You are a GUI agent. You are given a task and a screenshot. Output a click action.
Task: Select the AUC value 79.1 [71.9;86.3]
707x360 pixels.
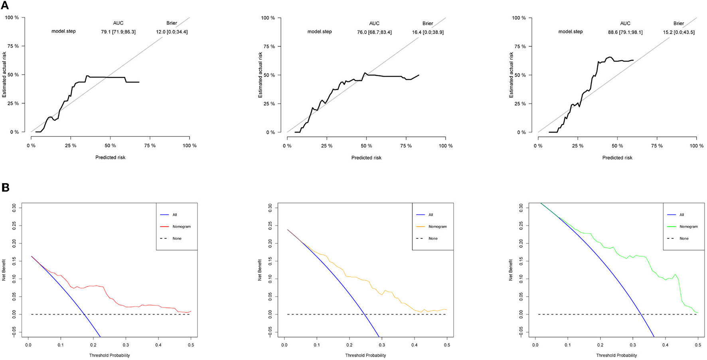[118, 32]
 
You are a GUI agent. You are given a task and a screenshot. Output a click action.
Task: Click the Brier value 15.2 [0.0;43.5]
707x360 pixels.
[679, 32]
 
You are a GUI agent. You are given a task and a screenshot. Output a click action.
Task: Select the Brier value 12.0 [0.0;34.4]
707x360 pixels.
[172, 32]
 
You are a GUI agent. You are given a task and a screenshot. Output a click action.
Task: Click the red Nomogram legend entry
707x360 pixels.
[182, 227]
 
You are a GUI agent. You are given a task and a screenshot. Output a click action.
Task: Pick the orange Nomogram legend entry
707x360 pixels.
[438, 227]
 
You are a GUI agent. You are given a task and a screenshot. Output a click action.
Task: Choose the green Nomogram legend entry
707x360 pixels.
[689, 227]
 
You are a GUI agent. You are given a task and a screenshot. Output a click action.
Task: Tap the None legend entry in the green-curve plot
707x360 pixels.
[684, 239]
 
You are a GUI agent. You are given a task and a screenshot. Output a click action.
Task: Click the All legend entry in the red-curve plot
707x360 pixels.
[175, 215]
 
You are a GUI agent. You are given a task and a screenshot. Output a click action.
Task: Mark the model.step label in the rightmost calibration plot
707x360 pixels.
[570, 32]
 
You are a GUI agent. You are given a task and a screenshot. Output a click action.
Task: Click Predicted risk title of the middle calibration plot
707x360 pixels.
[366, 158]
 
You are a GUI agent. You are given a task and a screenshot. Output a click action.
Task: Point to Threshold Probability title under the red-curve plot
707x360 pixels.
[109, 355]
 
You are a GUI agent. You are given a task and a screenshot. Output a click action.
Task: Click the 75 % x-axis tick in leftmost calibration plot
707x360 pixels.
[150, 146]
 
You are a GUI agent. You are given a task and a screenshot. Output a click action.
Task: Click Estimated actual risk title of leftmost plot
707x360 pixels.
[4, 75]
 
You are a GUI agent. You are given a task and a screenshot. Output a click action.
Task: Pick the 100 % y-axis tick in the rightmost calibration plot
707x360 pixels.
[519, 18]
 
